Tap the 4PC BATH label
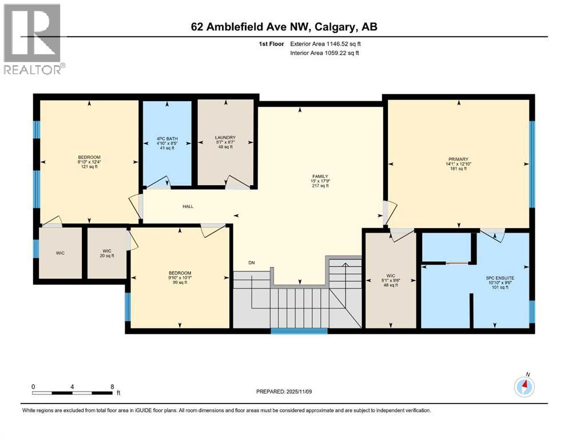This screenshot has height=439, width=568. click(x=166, y=139)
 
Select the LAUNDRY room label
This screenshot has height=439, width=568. click(x=225, y=138)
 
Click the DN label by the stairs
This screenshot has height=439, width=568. click(x=251, y=263)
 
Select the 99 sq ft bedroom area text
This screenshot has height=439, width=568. click(x=180, y=284)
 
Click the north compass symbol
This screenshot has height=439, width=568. click(x=524, y=386)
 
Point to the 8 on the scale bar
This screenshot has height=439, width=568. click(x=112, y=386)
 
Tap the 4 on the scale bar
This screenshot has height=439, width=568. click(x=72, y=386)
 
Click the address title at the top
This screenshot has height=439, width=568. click(x=284, y=27)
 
